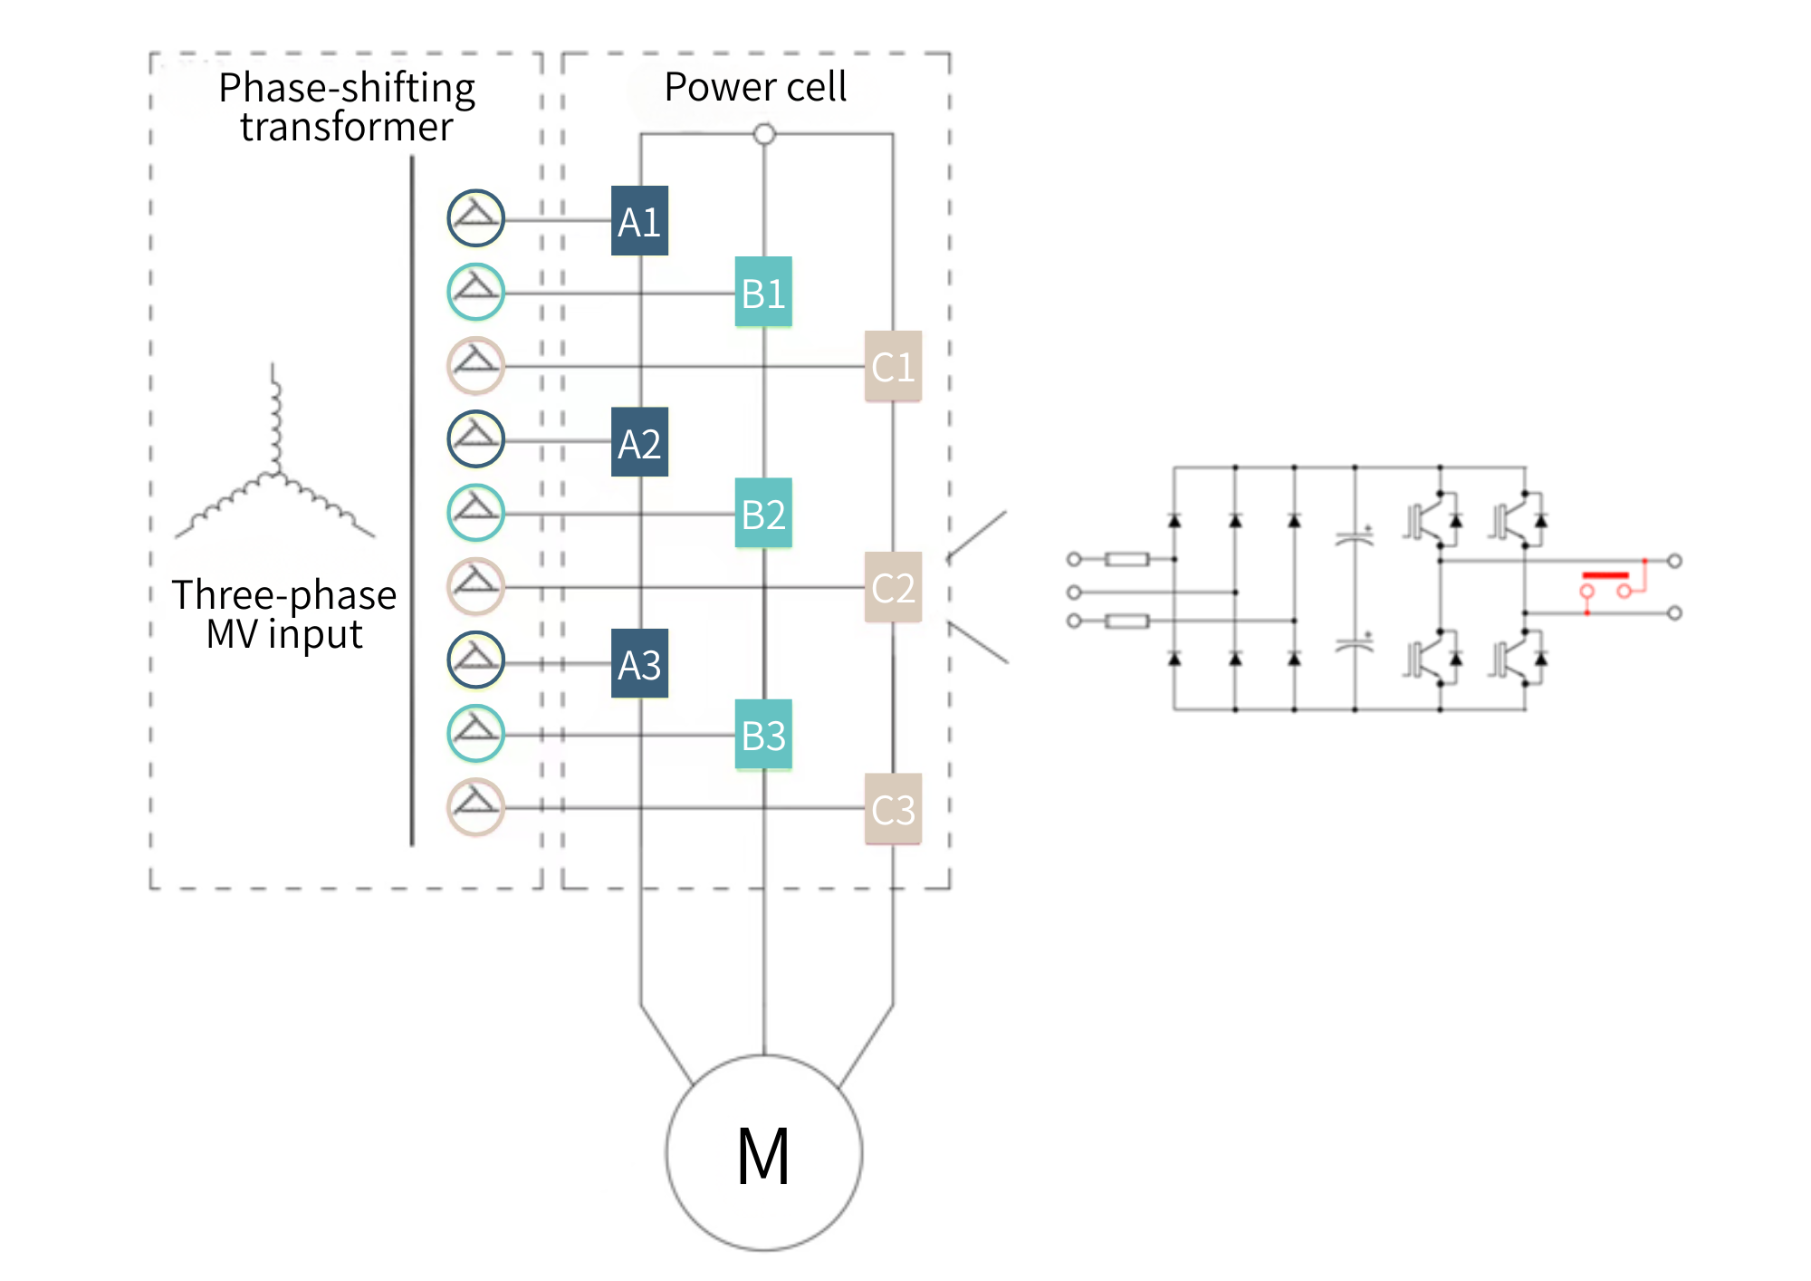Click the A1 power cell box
click(x=639, y=220)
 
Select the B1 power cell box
click(x=763, y=292)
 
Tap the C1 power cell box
click(x=893, y=366)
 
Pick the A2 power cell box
click(x=639, y=442)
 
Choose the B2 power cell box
click(x=763, y=513)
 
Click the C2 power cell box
click(x=893, y=587)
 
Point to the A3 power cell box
click(x=639, y=663)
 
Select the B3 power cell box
click(x=763, y=735)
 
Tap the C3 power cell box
click(x=893, y=809)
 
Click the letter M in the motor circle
click(x=763, y=1156)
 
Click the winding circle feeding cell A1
click(x=476, y=218)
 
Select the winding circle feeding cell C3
click(x=476, y=807)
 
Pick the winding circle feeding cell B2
click(x=476, y=513)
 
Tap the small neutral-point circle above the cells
click(x=764, y=134)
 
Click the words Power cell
click(x=755, y=87)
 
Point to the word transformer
click(x=347, y=127)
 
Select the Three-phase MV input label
click(x=284, y=614)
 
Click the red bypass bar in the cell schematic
click(x=1605, y=575)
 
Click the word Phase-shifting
click(x=347, y=89)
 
